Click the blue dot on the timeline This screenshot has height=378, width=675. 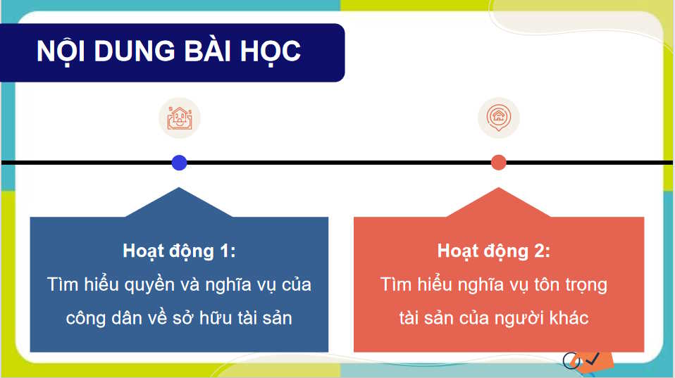click(179, 163)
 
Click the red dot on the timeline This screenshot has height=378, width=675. click(498, 163)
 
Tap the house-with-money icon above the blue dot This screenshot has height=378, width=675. click(179, 118)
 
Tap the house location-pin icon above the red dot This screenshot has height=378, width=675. click(498, 118)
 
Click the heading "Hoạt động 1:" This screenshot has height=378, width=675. click(179, 251)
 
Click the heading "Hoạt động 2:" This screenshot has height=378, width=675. click(493, 251)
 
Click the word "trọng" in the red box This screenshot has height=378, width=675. click(582, 286)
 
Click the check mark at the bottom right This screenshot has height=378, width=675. click(592, 359)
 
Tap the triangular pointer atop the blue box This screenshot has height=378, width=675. click(179, 203)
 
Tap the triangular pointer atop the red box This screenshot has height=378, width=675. click(498, 203)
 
